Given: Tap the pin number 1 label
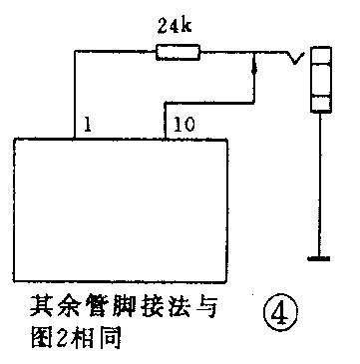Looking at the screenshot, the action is click(x=89, y=126).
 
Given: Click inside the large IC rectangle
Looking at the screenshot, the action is click(x=120, y=209).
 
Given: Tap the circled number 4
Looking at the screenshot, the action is click(x=280, y=311).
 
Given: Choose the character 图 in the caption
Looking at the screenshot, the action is click(x=40, y=335).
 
